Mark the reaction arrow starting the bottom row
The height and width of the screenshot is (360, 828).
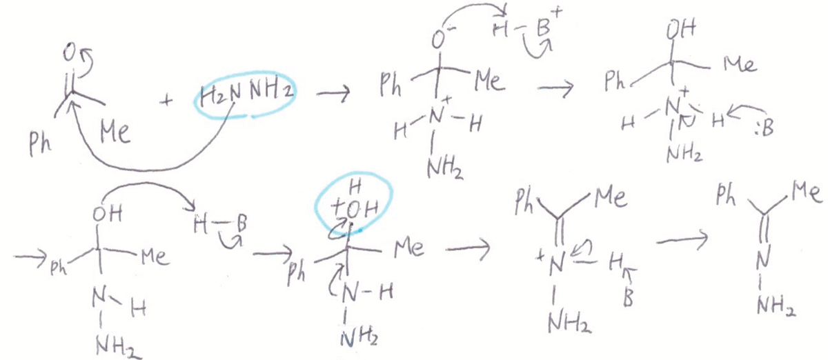tap(28, 259)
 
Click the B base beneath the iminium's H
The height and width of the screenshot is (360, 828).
tap(627, 301)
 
